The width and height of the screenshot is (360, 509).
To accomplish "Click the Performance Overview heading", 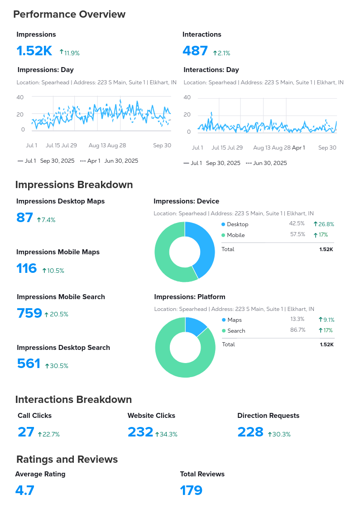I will pyautogui.click(x=69, y=15).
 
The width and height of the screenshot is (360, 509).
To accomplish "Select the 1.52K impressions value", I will pyautogui.click(x=34, y=51).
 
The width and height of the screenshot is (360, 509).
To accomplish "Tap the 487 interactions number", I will pyautogui.click(x=195, y=51).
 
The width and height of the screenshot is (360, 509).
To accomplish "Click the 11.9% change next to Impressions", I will pyautogui.click(x=70, y=53).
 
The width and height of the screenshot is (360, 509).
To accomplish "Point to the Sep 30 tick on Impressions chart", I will pyautogui.click(x=162, y=145).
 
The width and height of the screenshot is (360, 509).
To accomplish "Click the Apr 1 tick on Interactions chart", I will pyautogui.click(x=298, y=148).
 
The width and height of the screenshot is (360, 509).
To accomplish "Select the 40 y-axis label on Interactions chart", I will pyautogui.click(x=187, y=97).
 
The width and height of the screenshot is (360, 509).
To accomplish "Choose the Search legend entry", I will pyautogui.click(x=236, y=331).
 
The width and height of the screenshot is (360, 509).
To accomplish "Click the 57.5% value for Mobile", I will pyautogui.click(x=298, y=235).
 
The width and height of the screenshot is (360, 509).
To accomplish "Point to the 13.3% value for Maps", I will pyautogui.click(x=298, y=320).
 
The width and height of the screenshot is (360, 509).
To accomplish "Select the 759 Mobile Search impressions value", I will pyautogui.click(x=29, y=313).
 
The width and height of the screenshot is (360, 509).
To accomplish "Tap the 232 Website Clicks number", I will pyautogui.click(x=140, y=432).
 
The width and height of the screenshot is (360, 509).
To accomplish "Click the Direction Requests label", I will pyautogui.click(x=268, y=416).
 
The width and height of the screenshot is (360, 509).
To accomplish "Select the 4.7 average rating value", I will pyautogui.click(x=25, y=490).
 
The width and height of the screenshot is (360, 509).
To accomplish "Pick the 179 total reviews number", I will pyautogui.click(x=191, y=490).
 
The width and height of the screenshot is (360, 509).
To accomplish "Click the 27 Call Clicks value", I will pyautogui.click(x=26, y=432).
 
